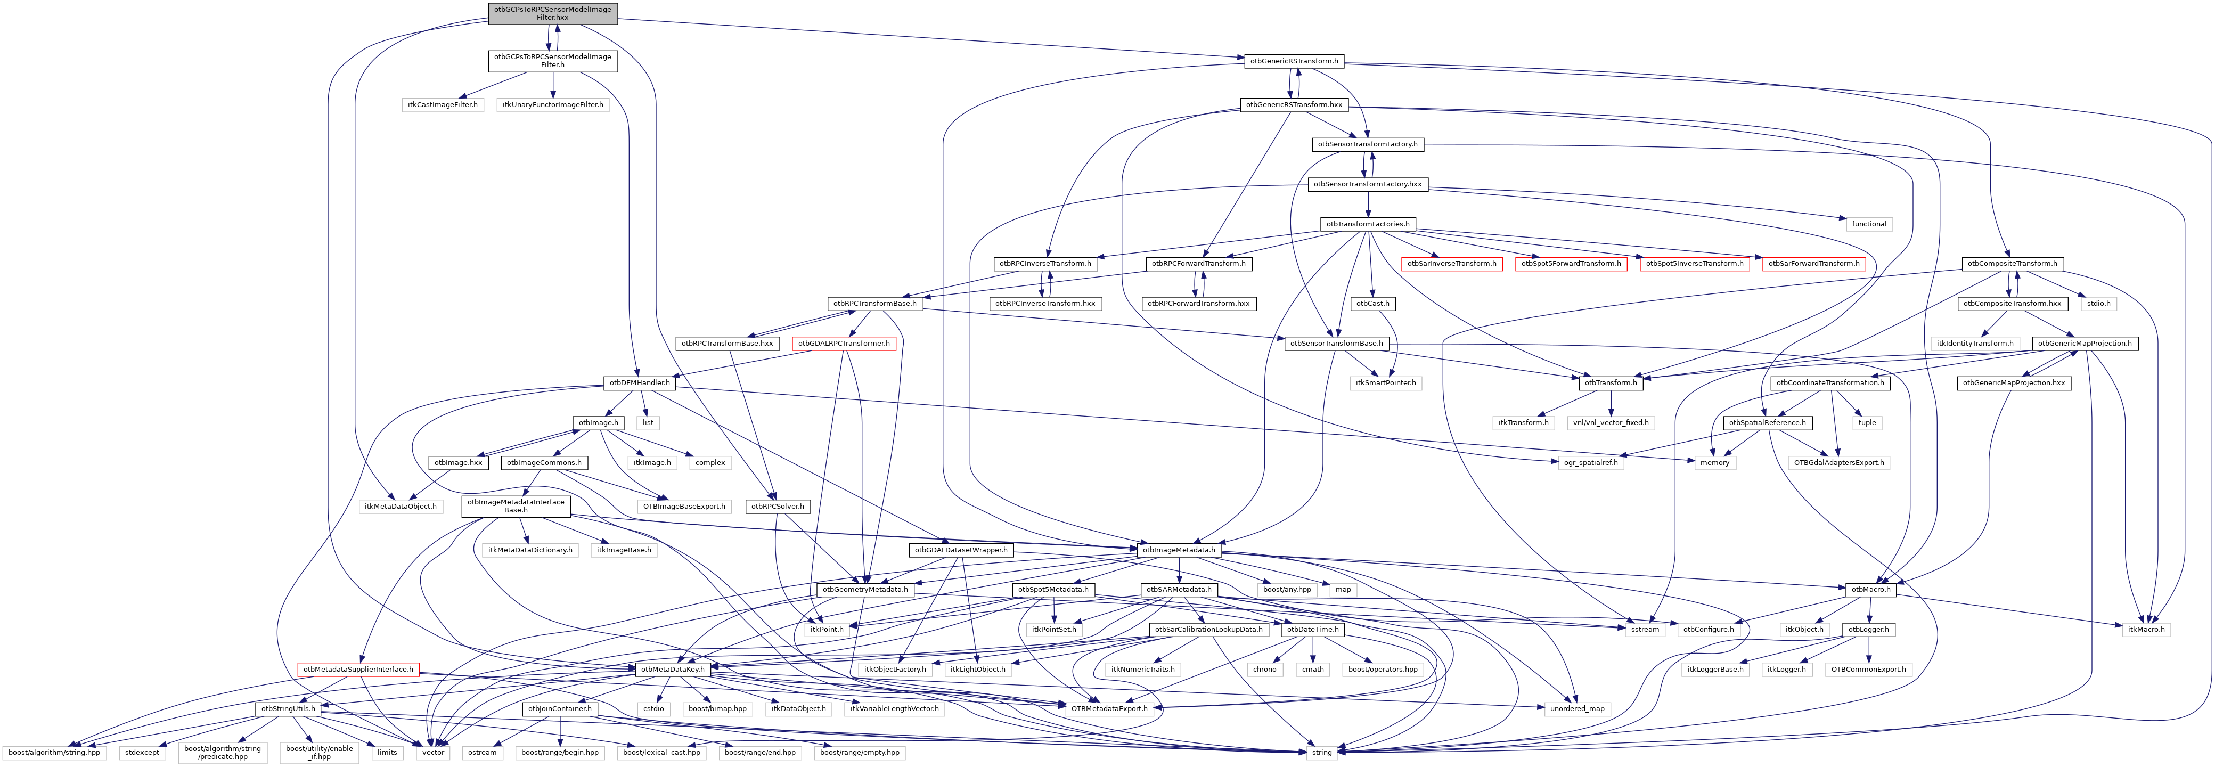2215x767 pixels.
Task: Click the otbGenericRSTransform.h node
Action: [1293, 61]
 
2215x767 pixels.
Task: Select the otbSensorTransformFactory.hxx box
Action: [1367, 184]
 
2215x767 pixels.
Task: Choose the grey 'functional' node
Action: [1868, 224]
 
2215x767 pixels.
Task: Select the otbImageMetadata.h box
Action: [1177, 550]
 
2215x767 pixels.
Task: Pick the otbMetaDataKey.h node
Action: [672, 669]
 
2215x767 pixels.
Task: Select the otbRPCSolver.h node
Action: [778, 507]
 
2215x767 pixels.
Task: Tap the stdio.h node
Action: [2098, 304]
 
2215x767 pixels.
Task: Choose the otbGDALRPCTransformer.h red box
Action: [844, 343]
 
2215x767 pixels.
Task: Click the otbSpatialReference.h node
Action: [1767, 423]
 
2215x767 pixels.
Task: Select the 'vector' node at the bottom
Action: [434, 753]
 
